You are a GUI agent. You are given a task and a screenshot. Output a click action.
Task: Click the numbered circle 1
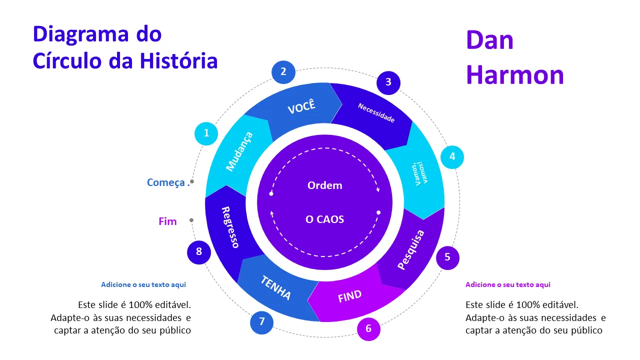click(206, 133)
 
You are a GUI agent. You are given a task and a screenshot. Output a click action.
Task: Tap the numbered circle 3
click(388, 82)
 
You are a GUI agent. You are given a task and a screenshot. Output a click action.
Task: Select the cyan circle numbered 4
click(452, 157)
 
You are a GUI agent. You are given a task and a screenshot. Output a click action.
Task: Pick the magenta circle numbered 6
click(368, 329)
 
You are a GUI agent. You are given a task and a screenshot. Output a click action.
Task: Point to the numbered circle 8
click(199, 252)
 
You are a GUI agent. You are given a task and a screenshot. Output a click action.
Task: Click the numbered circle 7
click(261, 322)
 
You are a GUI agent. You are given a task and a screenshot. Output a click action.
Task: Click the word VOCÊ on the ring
click(301, 106)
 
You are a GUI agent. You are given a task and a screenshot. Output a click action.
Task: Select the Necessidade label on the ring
click(376, 112)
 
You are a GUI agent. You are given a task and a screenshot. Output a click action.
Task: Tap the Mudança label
click(239, 151)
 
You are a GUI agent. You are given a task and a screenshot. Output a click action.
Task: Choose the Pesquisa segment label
click(411, 249)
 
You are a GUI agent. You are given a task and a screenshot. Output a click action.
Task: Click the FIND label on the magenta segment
click(349, 296)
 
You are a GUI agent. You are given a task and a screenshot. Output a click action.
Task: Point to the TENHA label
click(275, 287)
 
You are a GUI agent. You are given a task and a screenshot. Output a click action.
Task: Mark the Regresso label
click(230, 227)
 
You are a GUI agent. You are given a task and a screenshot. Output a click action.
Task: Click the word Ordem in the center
click(325, 185)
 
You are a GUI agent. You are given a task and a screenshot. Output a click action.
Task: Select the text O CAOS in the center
click(325, 219)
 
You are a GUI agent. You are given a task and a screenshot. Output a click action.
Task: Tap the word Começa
click(166, 182)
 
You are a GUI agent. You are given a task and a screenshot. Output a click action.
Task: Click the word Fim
click(167, 221)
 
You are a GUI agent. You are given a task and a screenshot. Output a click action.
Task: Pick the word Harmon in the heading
click(515, 75)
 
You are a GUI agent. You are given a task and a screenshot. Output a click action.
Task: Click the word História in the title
click(178, 60)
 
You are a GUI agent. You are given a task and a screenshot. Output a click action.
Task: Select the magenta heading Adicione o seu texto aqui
click(507, 284)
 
